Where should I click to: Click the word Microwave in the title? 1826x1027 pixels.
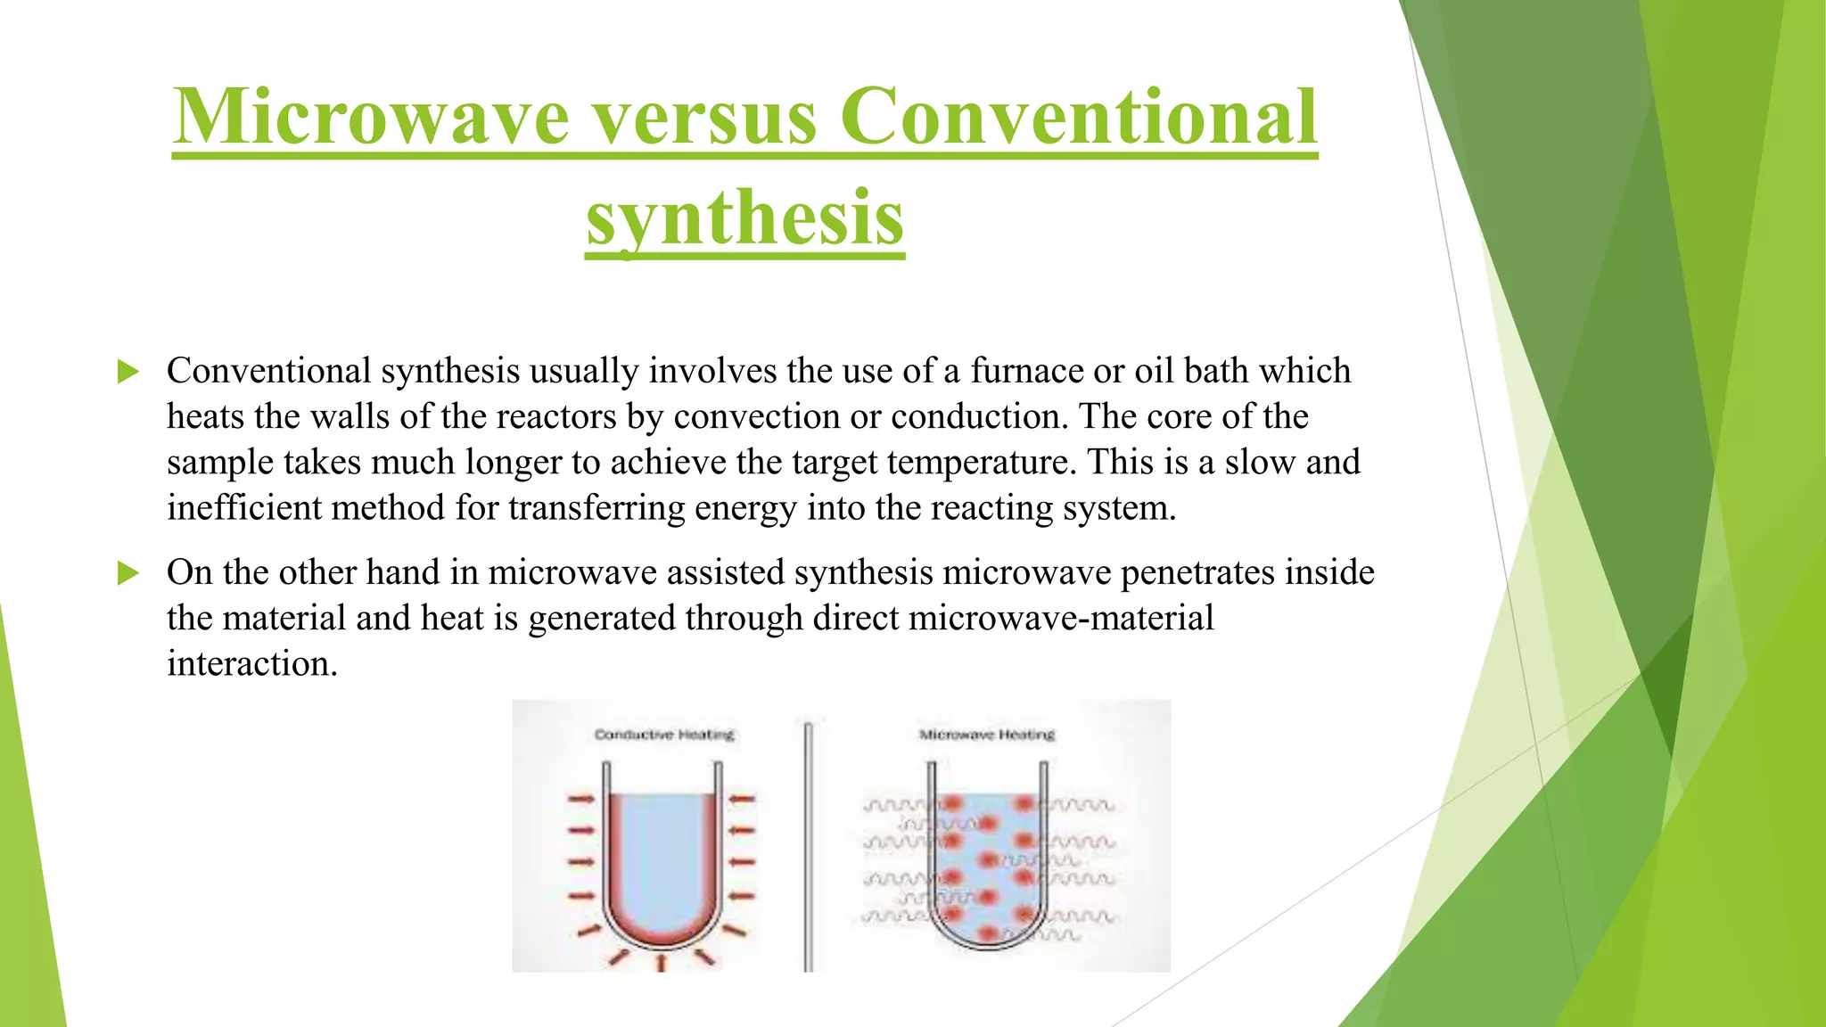371,118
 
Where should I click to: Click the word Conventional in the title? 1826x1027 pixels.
1078,118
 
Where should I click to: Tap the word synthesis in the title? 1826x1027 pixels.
745,218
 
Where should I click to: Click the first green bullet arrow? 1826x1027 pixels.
128,372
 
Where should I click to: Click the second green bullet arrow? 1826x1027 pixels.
128,573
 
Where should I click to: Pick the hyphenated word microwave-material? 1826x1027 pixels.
1060,618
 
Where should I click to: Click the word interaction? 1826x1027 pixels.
251,664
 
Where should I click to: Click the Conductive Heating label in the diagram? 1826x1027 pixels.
664,735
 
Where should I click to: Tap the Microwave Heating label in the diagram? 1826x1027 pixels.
987,735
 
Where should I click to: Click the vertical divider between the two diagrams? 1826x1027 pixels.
808,847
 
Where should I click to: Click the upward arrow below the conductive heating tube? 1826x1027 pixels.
661,963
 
